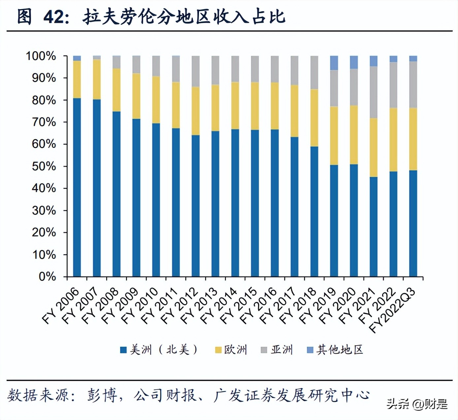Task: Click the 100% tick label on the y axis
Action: tap(41, 56)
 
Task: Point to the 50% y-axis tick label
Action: tap(44, 166)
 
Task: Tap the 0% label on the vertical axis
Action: tap(47, 276)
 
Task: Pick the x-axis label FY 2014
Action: tap(219, 305)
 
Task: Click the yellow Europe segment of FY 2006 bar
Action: tap(77, 79)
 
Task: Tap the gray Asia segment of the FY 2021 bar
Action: tap(374, 92)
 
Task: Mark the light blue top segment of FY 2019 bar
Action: tap(334, 63)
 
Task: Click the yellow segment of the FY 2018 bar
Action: tap(314, 118)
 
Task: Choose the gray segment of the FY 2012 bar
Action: tap(196, 71)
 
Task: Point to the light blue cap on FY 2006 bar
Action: tap(77, 58)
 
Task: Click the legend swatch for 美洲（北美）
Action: tap(123, 350)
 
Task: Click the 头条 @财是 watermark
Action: tap(417, 403)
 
